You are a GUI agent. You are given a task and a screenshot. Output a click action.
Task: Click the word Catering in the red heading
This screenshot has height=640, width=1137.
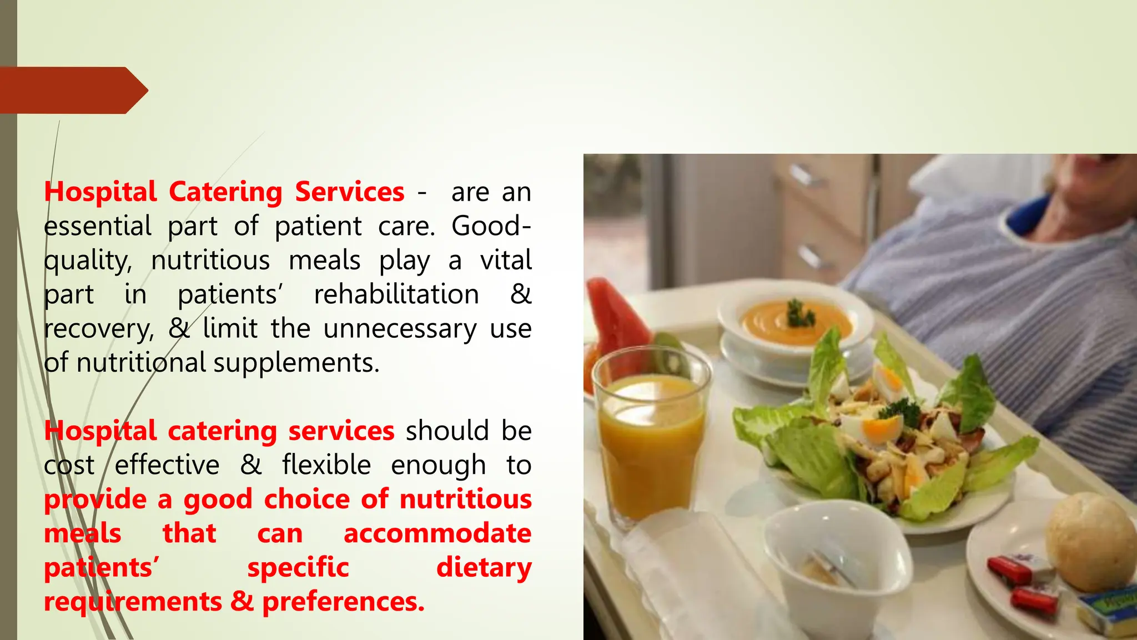pos(225,192)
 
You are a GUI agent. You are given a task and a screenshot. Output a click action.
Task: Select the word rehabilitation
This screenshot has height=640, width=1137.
pos(396,294)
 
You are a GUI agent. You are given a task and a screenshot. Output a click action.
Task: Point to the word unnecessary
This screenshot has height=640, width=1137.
pos(400,329)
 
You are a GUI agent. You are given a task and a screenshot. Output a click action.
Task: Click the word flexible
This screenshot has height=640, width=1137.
pos(326,465)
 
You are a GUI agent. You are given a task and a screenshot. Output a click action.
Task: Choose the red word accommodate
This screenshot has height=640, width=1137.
pos(437,534)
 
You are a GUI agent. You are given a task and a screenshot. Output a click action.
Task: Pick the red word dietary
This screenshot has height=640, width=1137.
pos(484,568)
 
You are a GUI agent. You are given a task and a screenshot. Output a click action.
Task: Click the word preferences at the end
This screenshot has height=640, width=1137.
pos(343,602)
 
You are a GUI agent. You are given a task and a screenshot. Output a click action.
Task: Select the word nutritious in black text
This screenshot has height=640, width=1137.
pos(210,261)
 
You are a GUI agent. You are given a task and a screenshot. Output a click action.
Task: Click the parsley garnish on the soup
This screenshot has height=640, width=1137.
pos(800,314)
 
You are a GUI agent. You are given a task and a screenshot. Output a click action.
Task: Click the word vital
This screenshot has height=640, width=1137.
pos(506,261)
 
